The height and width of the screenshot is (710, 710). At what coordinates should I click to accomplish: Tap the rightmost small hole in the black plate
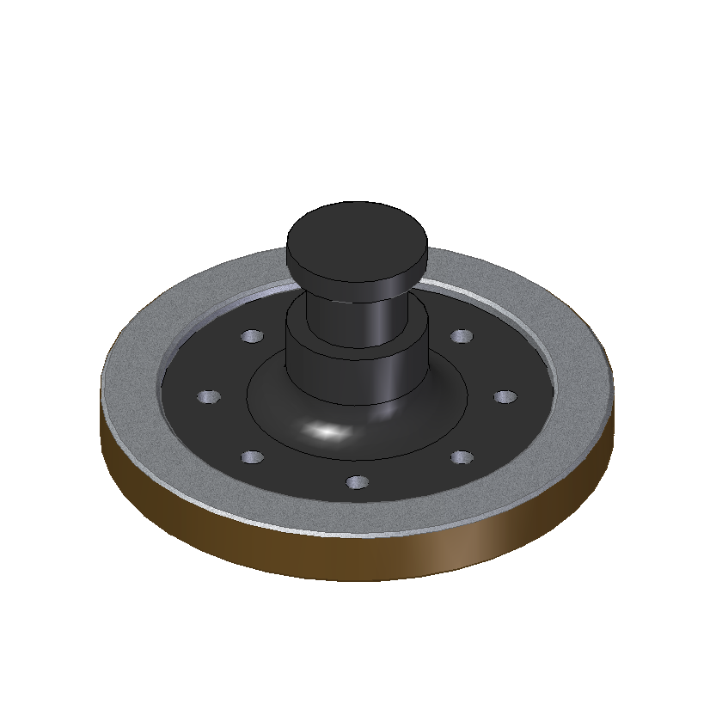point(505,397)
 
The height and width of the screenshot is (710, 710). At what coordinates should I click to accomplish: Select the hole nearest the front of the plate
point(357,484)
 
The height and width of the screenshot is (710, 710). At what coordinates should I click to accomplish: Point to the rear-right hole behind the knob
point(462,335)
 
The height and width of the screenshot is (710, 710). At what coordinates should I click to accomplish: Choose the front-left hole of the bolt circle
point(252,457)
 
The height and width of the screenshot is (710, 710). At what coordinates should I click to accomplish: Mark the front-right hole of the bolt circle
point(462,457)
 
